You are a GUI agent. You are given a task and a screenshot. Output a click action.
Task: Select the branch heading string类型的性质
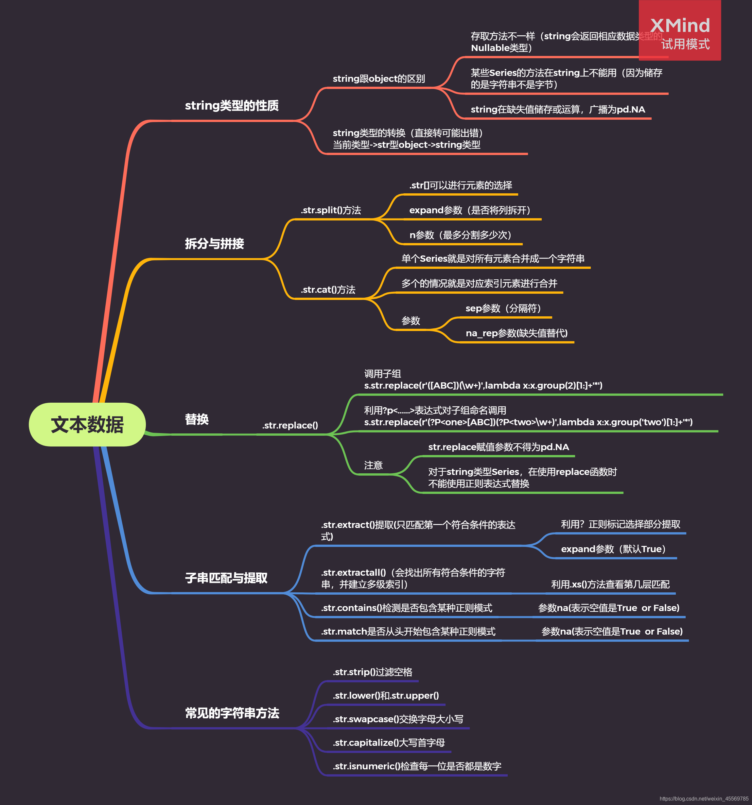click(x=232, y=106)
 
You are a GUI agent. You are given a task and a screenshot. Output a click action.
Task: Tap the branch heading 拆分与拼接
click(x=214, y=243)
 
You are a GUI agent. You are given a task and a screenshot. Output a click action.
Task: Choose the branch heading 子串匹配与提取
click(x=226, y=578)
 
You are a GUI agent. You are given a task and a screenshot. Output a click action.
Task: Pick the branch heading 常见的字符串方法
click(x=232, y=713)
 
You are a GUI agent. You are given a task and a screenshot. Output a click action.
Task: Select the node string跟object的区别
click(x=379, y=79)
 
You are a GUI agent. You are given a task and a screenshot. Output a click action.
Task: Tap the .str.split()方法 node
click(x=330, y=210)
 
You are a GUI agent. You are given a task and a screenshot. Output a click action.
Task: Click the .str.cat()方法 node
click(x=328, y=289)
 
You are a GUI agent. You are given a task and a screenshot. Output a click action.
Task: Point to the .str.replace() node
click(x=290, y=425)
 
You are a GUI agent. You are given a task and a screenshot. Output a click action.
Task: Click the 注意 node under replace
click(x=373, y=465)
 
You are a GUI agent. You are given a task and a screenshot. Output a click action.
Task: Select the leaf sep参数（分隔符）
click(x=503, y=308)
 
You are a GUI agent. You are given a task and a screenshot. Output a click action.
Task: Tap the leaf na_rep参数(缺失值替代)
click(x=516, y=333)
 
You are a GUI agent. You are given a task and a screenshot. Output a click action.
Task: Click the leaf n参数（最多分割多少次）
click(x=461, y=235)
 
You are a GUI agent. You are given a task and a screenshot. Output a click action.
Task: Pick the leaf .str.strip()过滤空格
click(x=372, y=672)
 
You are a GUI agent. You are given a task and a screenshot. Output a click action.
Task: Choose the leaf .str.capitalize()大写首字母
click(x=388, y=742)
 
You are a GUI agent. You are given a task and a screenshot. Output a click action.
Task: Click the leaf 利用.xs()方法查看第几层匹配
click(x=610, y=584)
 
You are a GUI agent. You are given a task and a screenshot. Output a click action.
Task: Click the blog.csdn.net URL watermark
click(x=704, y=798)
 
